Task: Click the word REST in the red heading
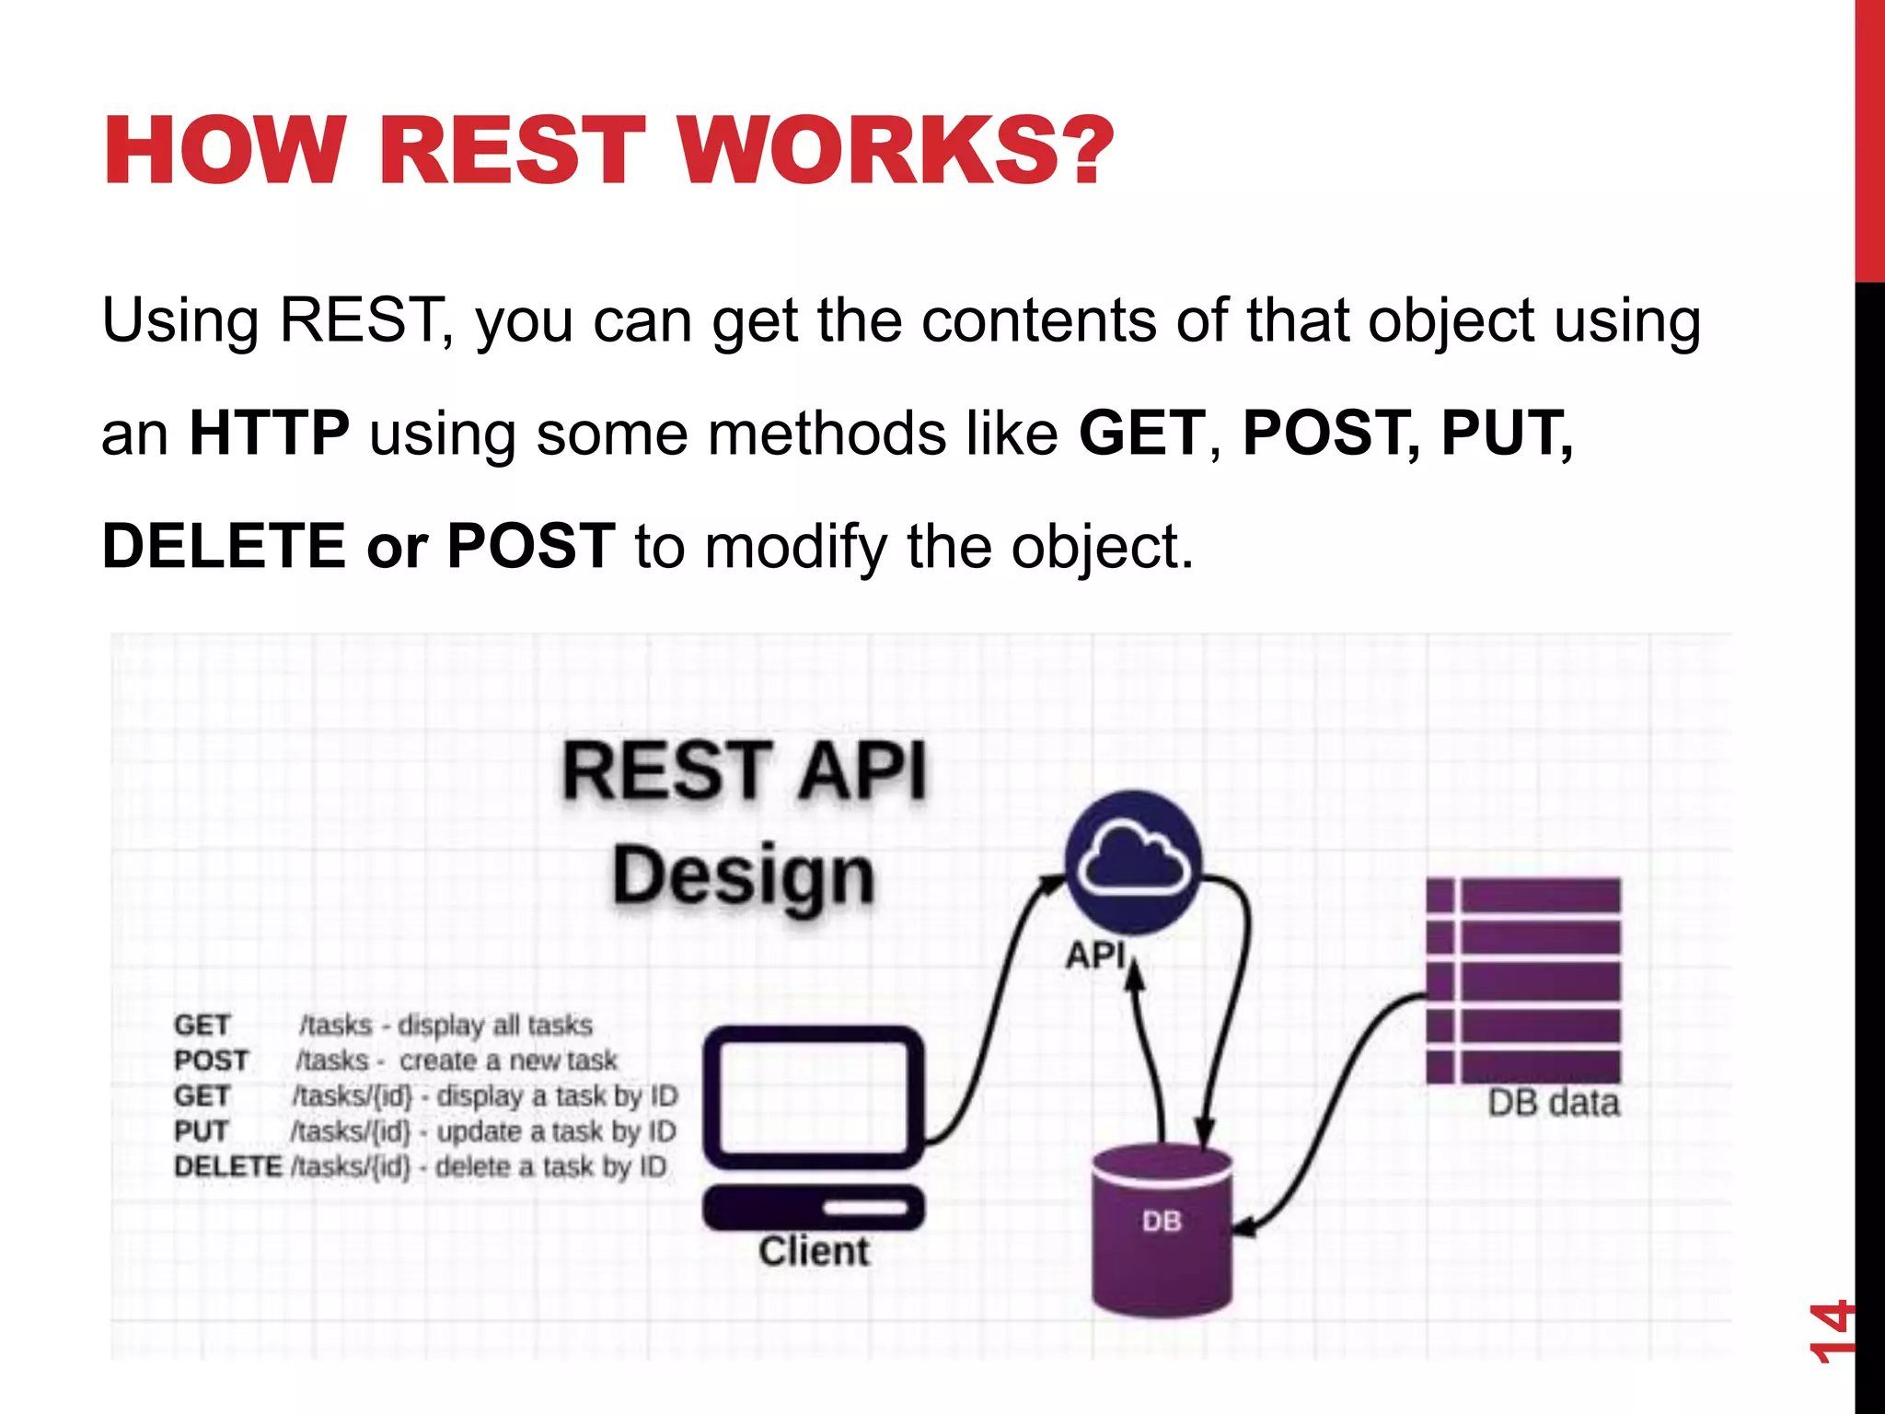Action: (x=512, y=150)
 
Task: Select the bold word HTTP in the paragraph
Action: (x=269, y=433)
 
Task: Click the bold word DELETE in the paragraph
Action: (x=224, y=546)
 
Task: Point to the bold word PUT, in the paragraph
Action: (x=1507, y=433)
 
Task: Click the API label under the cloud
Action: (x=1096, y=955)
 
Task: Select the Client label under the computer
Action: (x=814, y=1252)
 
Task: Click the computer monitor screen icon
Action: (x=814, y=1095)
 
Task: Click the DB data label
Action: (x=1553, y=1103)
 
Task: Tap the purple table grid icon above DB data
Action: (x=1523, y=980)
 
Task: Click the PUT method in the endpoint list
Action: (x=201, y=1131)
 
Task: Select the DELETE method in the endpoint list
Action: (x=227, y=1166)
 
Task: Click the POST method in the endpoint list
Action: (x=211, y=1060)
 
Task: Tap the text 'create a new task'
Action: (x=508, y=1060)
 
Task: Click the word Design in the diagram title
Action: (x=744, y=876)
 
